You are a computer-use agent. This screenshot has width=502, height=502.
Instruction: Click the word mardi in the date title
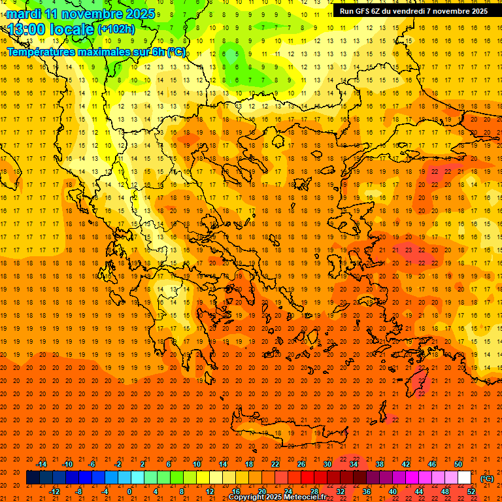click(24, 14)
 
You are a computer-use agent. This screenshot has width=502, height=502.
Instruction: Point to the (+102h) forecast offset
click(116, 29)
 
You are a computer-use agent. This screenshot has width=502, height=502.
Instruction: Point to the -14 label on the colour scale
click(41, 463)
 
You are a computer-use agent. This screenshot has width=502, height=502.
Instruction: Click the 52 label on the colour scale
click(471, 492)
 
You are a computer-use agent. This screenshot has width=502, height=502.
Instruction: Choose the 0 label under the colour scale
click(129, 492)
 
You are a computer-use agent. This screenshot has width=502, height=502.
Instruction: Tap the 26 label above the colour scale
click(301, 463)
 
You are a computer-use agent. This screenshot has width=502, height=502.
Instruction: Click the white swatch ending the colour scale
click(465, 478)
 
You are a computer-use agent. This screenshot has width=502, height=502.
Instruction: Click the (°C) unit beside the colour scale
click(486, 478)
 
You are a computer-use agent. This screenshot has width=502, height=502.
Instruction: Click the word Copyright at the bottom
click(246, 497)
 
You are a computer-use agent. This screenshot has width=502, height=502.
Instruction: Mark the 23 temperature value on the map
click(408, 250)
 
